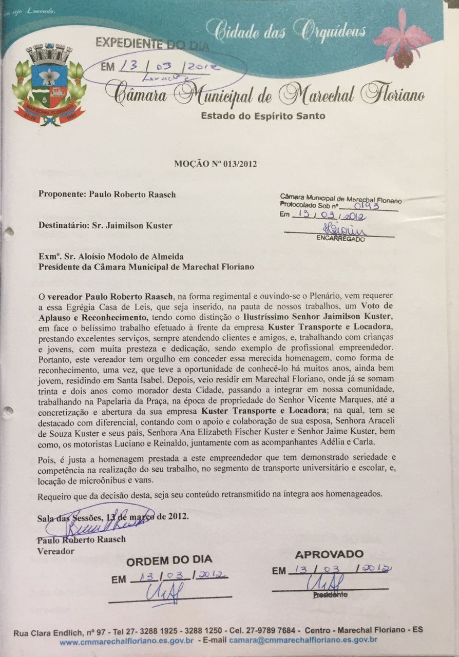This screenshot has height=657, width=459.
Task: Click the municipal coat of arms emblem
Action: tap(49, 85)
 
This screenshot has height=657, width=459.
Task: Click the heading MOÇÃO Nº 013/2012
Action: tap(215, 164)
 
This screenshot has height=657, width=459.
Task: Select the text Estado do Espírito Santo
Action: tap(263, 116)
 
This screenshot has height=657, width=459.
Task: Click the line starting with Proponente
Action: tap(107, 194)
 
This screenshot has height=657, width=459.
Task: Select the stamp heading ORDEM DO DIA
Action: tap(169, 561)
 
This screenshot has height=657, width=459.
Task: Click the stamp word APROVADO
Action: tap(329, 554)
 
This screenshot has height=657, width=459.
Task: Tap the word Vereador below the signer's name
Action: tap(56, 551)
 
